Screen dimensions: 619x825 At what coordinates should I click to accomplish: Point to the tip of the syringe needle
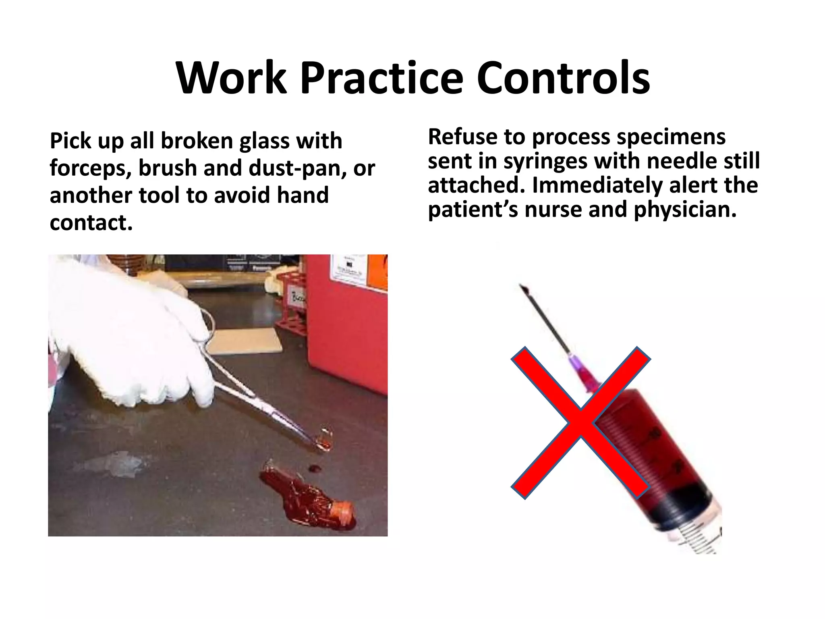point(522,286)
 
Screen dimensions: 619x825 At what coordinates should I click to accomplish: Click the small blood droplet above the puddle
point(314,468)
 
